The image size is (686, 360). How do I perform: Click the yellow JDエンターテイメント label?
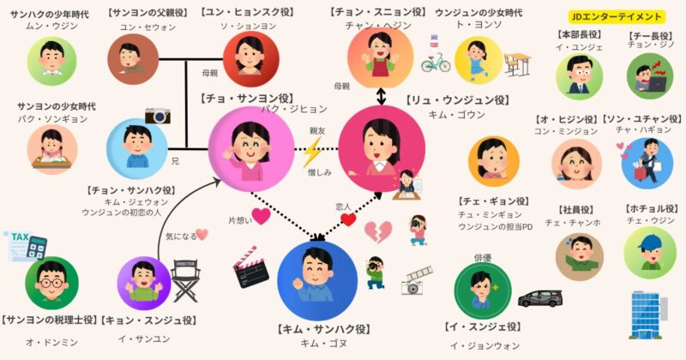click(617, 16)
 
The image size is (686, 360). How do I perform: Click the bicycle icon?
click(436, 63)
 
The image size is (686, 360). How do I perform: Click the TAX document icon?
click(24, 246)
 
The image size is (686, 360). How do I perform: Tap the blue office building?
click(649, 315)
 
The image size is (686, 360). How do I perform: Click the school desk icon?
click(518, 63)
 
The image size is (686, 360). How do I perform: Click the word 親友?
click(318, 131)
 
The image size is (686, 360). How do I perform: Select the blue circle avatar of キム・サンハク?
click(317, 277)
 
